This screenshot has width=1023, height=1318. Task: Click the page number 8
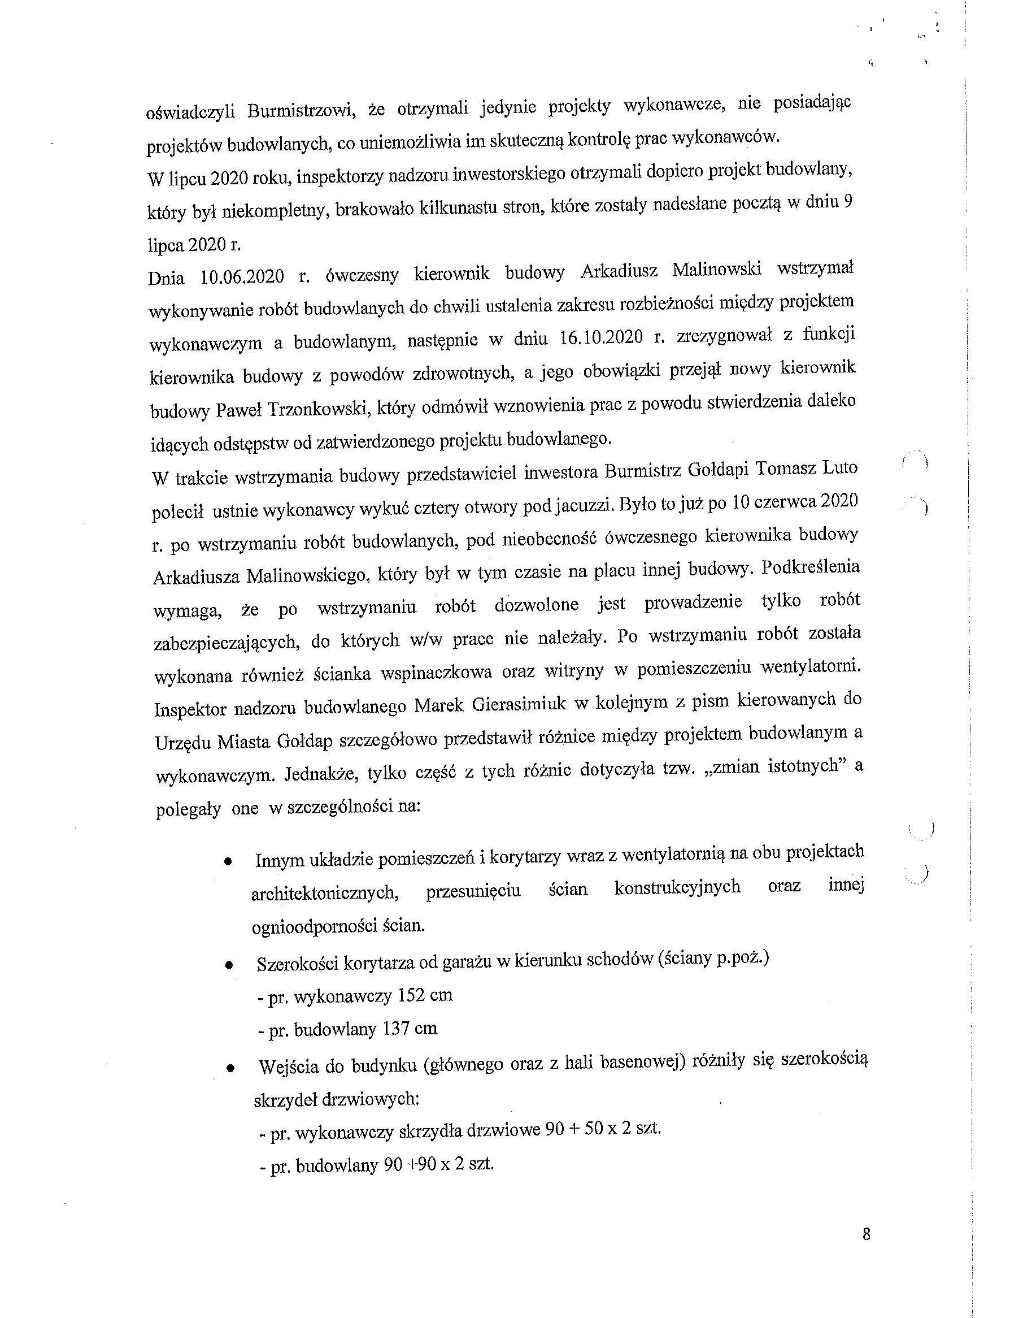866,1234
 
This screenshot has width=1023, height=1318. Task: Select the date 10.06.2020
242,276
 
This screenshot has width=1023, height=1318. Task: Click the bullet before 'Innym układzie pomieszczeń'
228,862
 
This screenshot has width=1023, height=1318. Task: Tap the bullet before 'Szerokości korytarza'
229,965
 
